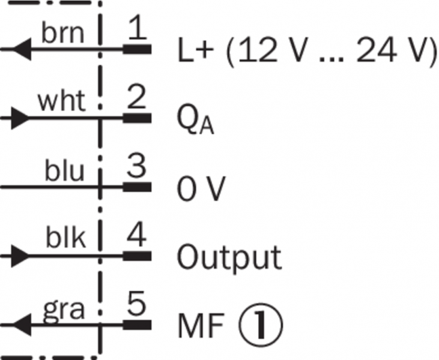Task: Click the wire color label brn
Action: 62,34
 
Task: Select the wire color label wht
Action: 62,102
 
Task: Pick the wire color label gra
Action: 64,310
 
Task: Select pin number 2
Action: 138,98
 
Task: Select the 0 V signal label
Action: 201,190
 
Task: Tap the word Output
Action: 229,258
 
